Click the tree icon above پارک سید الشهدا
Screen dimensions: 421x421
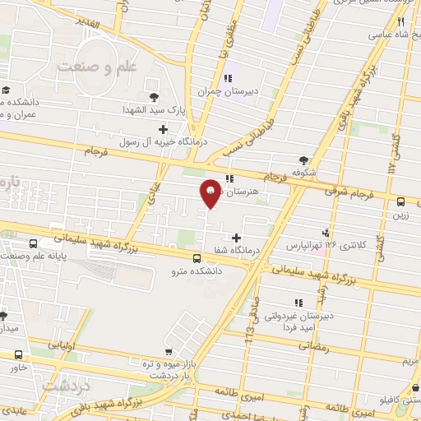152,83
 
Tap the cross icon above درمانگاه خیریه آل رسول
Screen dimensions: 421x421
163,129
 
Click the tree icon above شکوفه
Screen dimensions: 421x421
305,161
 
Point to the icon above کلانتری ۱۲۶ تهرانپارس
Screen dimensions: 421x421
326,233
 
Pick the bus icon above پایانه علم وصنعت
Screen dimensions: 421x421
33,244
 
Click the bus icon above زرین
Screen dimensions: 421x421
400,201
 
